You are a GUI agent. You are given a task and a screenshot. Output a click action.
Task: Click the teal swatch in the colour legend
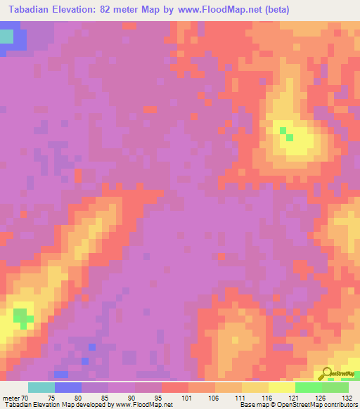coord(41,387)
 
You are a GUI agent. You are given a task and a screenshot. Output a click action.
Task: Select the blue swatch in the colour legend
coord(68,387)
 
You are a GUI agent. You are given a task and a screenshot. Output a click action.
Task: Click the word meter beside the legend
coord(11,397)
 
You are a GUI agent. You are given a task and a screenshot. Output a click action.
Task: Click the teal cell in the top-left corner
coord(6,37)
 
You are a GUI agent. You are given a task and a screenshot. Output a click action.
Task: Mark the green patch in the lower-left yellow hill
coord(22,317)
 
